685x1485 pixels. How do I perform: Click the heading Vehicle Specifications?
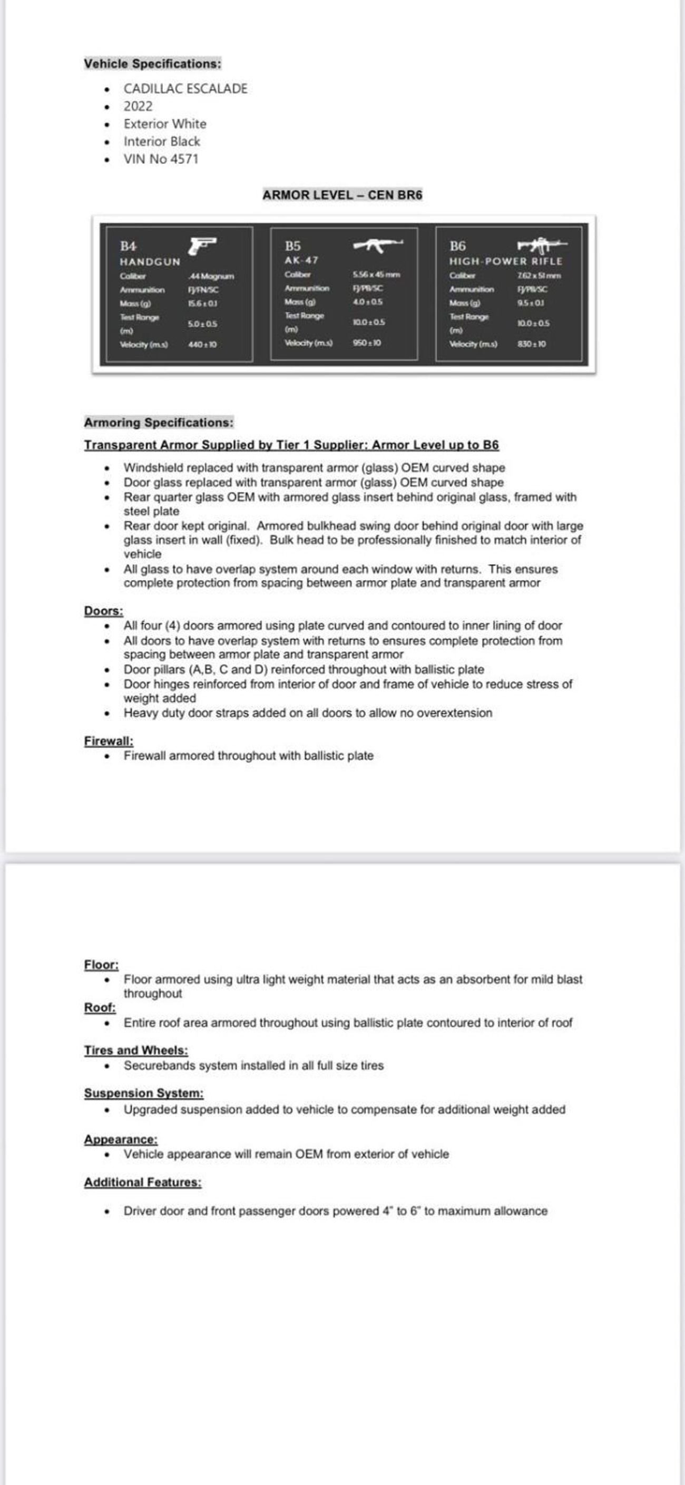[x=152, y=63]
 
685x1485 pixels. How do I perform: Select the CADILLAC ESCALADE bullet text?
[x=185, y=89]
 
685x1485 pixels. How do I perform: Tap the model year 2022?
[x=138, y=106]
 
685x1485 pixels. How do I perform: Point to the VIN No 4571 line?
[x=161, y=159]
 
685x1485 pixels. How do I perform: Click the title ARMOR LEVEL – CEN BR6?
[x=342, y=195]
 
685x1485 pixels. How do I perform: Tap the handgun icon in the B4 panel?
[x=202, y=245]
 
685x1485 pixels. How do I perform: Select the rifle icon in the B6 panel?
[x=542, y=246]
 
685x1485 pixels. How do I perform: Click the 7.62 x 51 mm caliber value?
[x=539, y=276]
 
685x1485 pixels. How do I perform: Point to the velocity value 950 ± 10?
[x=367, y=343]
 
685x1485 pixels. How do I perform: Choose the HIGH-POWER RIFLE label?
[x=506, y=261]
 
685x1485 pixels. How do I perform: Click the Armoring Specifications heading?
[x=159, y=423]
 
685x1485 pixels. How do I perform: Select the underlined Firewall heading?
[x=109, y=741]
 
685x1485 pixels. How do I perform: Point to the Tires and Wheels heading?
[x=135, y=1050]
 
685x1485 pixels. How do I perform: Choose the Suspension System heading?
[x=143, y=1093]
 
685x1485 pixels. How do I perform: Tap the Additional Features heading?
[x=142, y=1183]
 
